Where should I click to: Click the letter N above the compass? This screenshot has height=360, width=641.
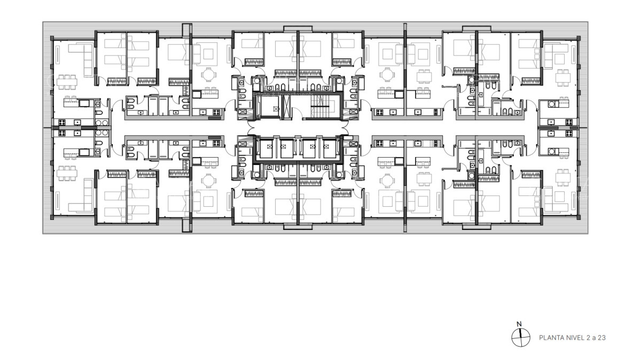pyautogui.click(x=518, y=324)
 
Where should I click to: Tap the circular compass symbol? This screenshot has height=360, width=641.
pyautogui.click(x=518, y=337)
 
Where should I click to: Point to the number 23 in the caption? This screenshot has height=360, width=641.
pyautogui.click(x=602, y=338)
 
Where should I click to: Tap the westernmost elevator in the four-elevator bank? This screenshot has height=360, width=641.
pyautogui.click(x=265, y=149)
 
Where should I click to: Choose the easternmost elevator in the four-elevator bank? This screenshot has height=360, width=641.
pyautogui.click(x=330, y=149)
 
